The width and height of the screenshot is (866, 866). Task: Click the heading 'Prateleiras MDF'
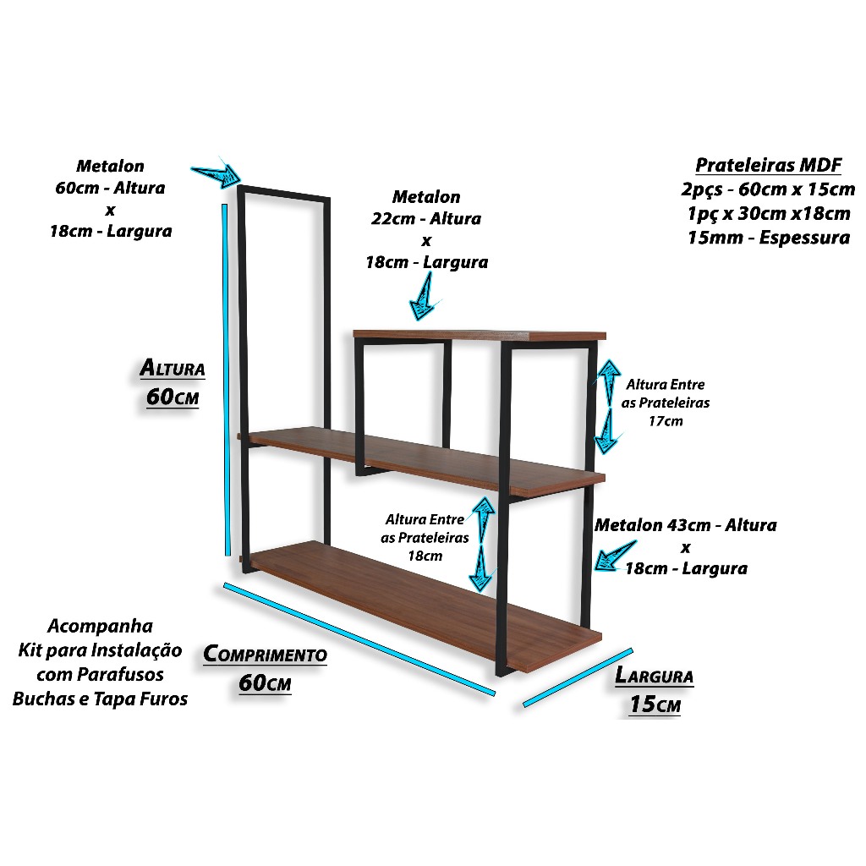click(768, 164)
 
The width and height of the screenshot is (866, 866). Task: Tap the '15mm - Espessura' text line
click(770, 238)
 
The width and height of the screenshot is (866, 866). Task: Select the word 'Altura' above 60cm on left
click(173, 369)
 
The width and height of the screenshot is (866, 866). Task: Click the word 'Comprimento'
click(265, 654)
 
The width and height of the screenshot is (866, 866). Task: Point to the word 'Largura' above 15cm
click(654, 676)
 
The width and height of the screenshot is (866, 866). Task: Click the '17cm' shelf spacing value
click(666, 421)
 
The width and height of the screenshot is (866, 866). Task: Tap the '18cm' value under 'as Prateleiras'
click(426, 556)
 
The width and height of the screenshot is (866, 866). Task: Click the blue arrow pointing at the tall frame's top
click(216, 173)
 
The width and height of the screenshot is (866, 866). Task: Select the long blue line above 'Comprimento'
click(359, 640)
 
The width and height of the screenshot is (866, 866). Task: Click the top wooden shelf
click(480, 334)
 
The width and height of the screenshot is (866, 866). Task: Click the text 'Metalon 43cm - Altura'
click(685, 525)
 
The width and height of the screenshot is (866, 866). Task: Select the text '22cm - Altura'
click(426, 219)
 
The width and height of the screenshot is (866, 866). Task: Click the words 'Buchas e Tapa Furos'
click(100, 699)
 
